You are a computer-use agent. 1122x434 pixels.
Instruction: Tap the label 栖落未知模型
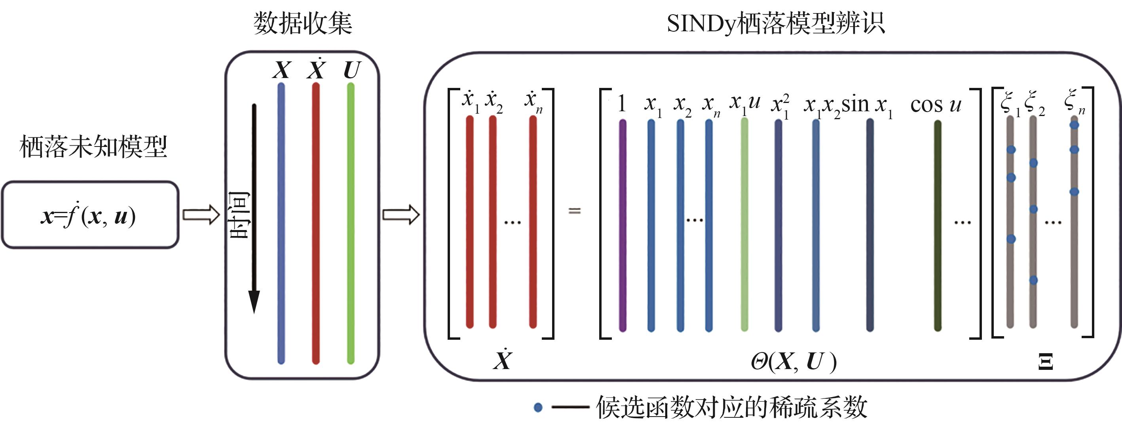tap(93, 147)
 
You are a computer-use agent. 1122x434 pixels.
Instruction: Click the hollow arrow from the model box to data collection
tap(201, 215)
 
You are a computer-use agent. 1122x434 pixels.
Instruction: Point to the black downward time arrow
tap(254, 209)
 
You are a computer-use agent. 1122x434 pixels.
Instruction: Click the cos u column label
tap(936, 105)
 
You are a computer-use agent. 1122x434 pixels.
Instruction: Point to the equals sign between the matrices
tap(575, 211)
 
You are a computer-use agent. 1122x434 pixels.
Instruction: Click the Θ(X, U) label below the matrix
tap(793, 362)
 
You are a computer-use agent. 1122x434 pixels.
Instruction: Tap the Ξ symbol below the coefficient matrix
tap(1046, 362)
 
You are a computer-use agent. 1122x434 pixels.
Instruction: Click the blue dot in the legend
tap(538, 407)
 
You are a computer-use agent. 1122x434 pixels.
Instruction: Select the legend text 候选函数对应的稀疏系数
tap(732, 407)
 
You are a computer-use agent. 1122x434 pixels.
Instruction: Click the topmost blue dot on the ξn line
tap(1074, 126)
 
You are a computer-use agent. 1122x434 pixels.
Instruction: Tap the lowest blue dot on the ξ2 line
tap(1033, 280)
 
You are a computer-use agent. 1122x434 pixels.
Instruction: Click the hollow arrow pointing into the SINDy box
tap(401, 215)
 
